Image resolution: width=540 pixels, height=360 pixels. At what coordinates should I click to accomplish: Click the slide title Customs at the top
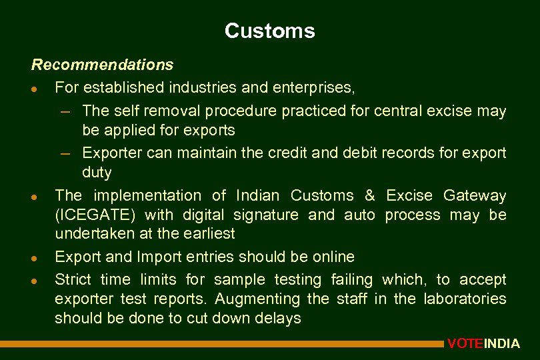pyautogui.click(x=269, y=31)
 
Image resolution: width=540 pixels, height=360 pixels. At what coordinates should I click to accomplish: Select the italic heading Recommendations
pyautogui.click(x=102, y=65)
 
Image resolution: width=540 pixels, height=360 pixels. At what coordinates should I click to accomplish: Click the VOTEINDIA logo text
pyautogui.click(x=483, y=344)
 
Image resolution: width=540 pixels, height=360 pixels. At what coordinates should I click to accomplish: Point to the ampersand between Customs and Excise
pyautogui.click(x=370, y=195)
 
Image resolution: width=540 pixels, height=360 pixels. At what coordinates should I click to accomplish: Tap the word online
pyautogui.click(x=331, y=257)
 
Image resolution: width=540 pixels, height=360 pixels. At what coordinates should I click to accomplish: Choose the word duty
pyautogui.click(x=97, y=173)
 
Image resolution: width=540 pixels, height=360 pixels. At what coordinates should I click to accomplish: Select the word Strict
pyautogui.click(x=73, y=279)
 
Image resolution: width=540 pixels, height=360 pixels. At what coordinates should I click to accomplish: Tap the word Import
pyautogui.click(x=159, y=257)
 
